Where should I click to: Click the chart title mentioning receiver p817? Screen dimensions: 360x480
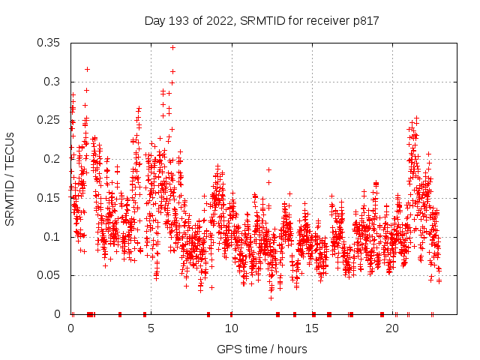click(261, 21)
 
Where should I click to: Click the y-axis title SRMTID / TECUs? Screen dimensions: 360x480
click(10, 178)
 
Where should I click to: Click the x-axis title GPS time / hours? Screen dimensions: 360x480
click(262, 349)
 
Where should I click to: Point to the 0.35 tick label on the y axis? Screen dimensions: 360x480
click(49, 43)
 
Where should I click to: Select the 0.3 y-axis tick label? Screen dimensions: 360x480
click(52, 82)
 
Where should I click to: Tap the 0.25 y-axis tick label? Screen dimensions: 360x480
click(49, 120)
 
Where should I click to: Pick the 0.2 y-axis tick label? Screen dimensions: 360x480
click(52, 159)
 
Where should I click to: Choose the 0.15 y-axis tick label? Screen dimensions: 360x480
click(49, 198)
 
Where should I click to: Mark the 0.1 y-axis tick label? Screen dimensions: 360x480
click(52, 236)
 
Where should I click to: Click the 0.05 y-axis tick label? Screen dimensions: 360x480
click(49, 275)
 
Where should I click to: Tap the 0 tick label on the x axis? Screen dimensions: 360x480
click(71, 328)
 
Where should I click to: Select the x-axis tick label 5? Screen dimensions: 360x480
click(151, 328)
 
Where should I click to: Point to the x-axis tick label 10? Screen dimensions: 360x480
click(231, 328)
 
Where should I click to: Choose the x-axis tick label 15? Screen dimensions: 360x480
click(311, 328)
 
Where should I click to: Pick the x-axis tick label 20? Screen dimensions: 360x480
click(391, 328)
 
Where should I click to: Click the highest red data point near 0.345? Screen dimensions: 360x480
click(172, 47)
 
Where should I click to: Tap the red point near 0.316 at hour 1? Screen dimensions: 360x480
click(87, 69)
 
